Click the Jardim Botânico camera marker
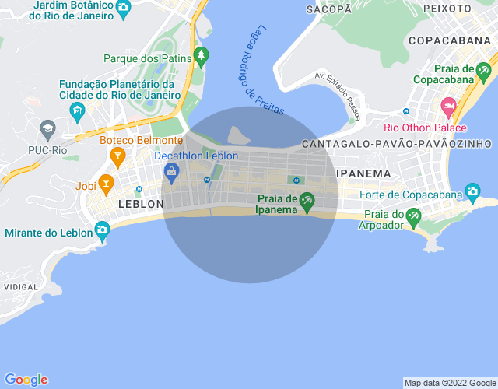[x=124, y=9]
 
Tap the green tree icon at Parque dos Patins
[x=202, y=57]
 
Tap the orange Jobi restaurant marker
[x=107, y=184]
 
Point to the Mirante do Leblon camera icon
[x=102, y=230]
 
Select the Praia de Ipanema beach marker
[x=307, y=202]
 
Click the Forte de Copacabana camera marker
[x=472, y=191]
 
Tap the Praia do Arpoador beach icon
[x=415, y=215]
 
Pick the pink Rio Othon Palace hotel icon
[x=447, y=106]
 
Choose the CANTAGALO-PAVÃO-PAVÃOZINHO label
[x=396, y=144]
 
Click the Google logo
[x=25, y=380]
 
